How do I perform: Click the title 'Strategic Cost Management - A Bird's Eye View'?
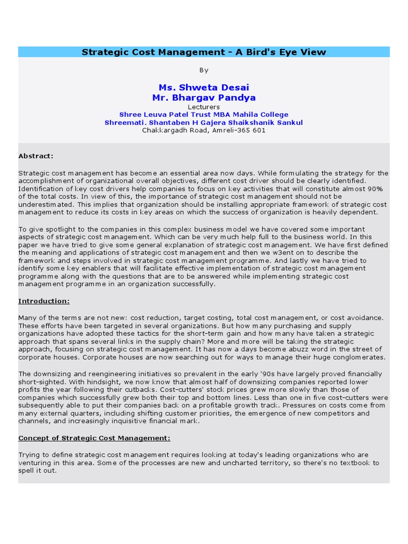203,52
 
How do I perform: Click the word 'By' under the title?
203,70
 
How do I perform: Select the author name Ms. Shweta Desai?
203,87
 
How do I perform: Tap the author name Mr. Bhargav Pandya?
203,98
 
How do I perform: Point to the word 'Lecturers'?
203,107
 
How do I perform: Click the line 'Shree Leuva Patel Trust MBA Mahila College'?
203,115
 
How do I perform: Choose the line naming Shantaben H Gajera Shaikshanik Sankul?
203,123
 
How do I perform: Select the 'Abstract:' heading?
36,156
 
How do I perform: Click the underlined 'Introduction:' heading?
44,301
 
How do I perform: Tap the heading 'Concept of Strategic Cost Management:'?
95,438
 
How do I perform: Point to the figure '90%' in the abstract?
375,189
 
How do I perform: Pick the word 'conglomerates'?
359,357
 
